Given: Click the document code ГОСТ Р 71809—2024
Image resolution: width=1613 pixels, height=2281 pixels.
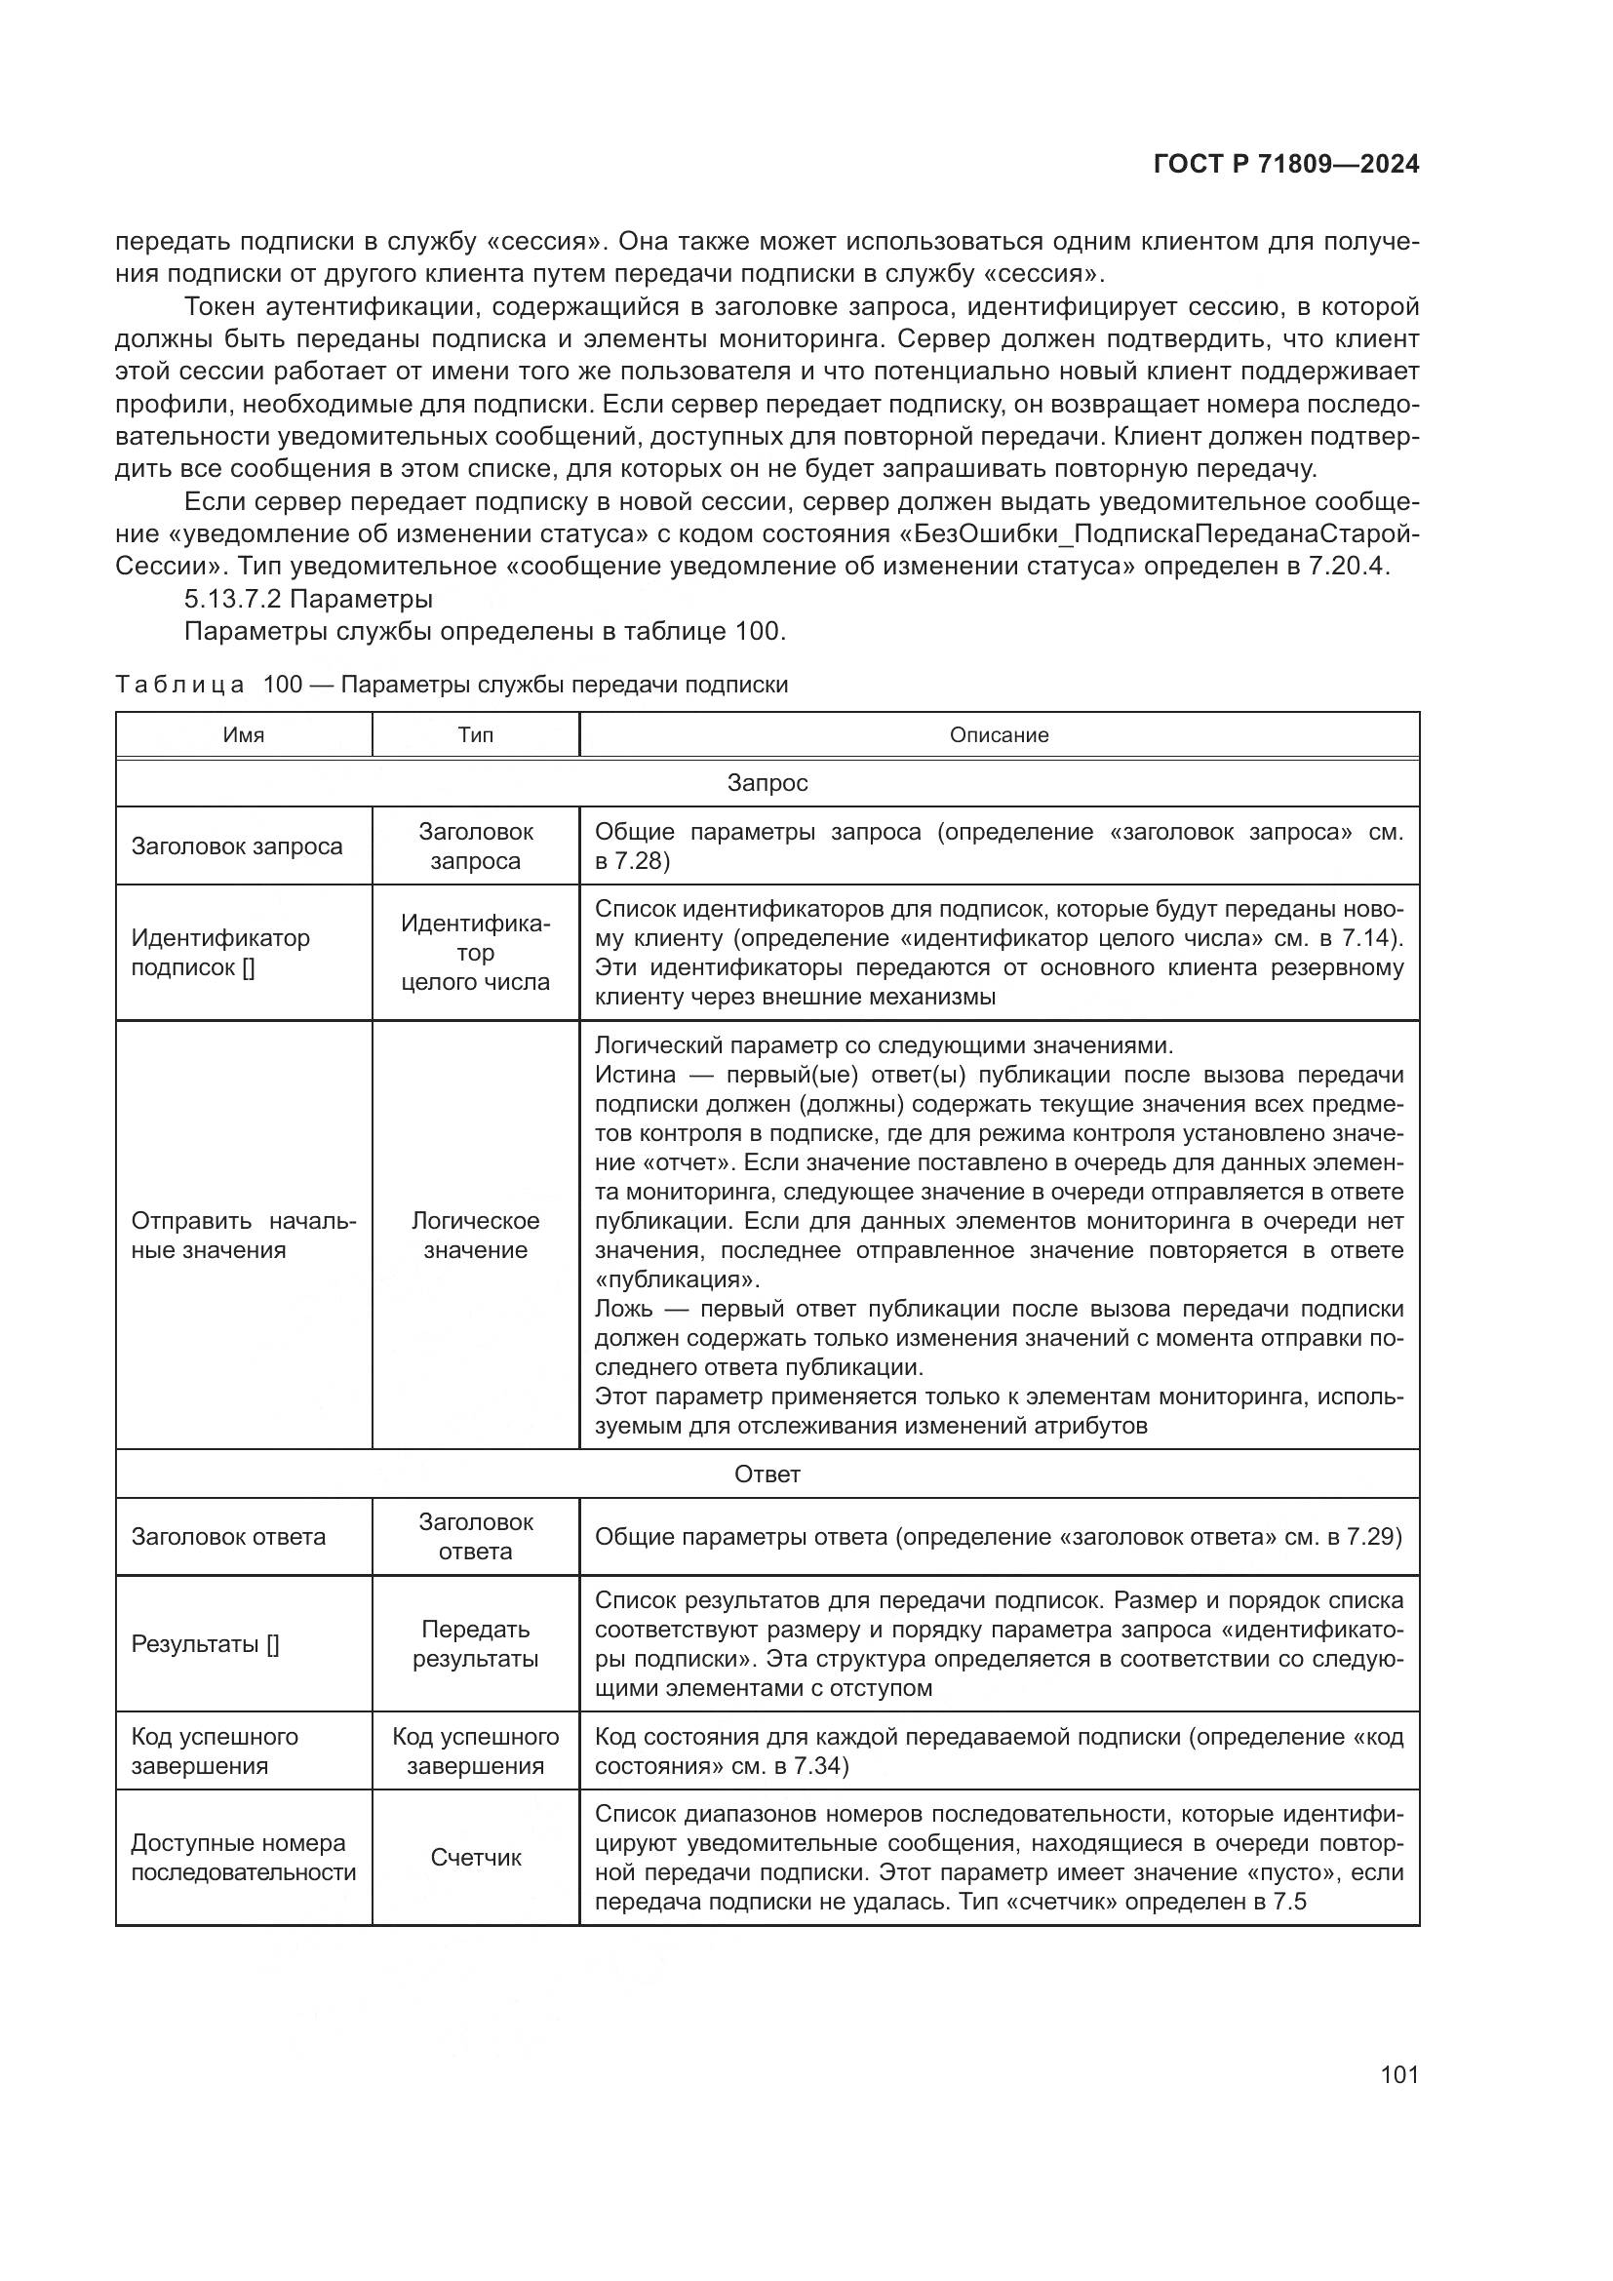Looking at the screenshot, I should point(1285,165).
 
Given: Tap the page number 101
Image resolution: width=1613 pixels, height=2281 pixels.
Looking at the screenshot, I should point(1398,2074).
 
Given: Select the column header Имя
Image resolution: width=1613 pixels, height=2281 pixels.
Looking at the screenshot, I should point(244,735).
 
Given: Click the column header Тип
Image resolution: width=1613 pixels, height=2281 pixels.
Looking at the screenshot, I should point(475,735).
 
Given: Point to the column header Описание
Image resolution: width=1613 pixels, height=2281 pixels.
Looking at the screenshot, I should point(999,735).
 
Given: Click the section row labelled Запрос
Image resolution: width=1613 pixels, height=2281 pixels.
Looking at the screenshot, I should point(767,783).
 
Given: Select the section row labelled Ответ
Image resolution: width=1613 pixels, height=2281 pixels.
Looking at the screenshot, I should point(767,1475).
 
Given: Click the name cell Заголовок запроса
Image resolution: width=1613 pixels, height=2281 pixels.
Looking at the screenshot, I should point(236,846).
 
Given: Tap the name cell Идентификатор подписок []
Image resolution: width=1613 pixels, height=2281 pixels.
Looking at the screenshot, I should point(220,953).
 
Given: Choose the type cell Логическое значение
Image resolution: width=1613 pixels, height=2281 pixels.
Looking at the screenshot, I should point(475,1235).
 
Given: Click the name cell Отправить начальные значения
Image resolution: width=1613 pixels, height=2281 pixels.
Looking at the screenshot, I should point(244,1235).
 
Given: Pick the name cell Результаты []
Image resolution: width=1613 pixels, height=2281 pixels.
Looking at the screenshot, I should point(205,1644).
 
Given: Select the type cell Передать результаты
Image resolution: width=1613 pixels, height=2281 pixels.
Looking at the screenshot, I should point(475,1644).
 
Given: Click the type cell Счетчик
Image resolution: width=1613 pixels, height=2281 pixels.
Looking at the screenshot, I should point(475,1858).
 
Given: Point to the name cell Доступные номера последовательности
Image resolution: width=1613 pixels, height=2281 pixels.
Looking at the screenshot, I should point(244,1858).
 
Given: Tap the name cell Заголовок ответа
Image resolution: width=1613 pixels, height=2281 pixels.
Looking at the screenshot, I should point(228,1537).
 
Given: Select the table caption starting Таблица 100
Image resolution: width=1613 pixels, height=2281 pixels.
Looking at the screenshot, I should point(452,685).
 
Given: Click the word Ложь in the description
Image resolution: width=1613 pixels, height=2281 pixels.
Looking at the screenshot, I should point(624,1309).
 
